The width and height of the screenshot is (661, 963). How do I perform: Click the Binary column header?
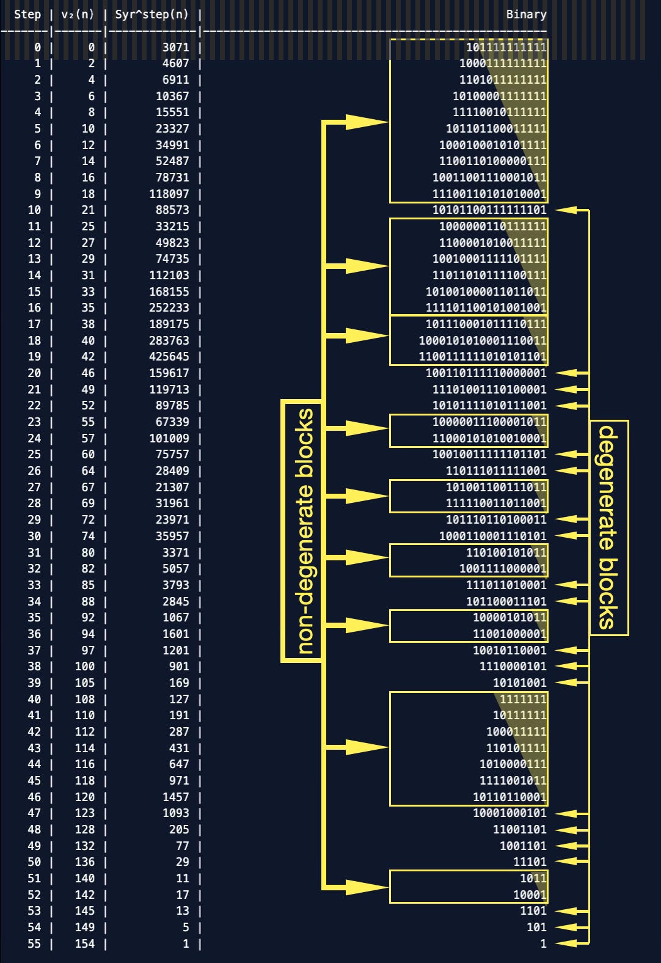[x=526, y=14]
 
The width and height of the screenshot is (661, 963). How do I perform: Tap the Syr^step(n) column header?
[x=152, y=14]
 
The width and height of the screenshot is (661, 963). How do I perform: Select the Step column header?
[x=27, y=14]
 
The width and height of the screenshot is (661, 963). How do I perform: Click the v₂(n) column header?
[x=78, y=14]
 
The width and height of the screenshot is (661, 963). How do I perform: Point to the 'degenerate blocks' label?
[x=608, y=527]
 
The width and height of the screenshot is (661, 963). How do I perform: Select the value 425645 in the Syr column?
[x=169, y=357]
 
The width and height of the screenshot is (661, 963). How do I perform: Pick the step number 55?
[x=34, y=943]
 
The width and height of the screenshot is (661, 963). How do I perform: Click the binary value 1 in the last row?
[x=543, y=943]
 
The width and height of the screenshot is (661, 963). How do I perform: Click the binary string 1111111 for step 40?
[x=523, y=699]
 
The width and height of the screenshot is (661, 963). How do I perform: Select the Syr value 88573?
[x=172, y=210]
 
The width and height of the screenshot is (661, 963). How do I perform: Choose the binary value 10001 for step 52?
[x=530, y=895]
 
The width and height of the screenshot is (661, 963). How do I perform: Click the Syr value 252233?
[x=169, y=308]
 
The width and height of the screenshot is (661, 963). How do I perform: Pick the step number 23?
[x=34, y=422]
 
